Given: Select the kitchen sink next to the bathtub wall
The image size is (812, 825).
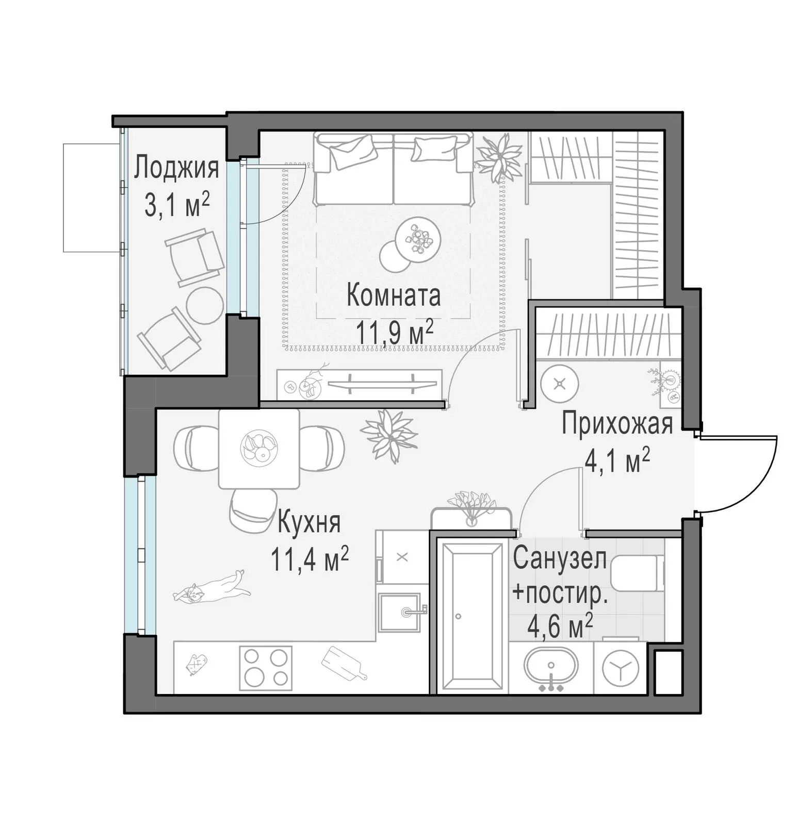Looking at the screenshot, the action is click(401, 613).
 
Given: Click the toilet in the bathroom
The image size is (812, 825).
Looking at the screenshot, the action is click(638, 572).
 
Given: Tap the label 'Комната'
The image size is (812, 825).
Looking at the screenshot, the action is click(394, 296).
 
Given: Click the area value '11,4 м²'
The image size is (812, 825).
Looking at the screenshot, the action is click(310, 560).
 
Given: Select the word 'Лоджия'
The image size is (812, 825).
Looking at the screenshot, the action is click(176, 168).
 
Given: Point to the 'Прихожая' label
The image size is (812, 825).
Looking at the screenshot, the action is click(618, 424).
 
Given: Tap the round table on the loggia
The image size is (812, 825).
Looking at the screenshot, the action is click(204, 306).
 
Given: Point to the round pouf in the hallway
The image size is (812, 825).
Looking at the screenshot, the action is click(560, 384).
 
